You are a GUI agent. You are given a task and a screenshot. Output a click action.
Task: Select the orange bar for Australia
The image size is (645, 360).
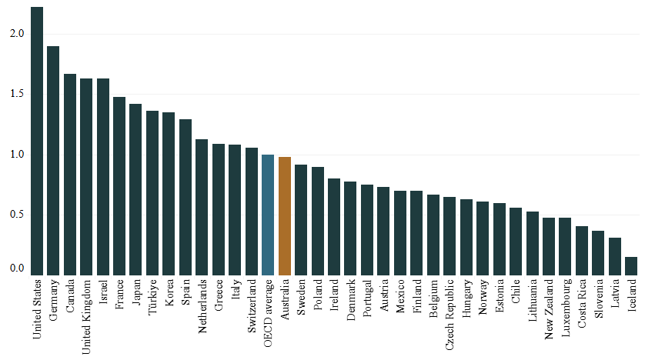point(285,215)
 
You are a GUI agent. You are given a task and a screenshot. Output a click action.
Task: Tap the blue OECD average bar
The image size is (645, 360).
point(268,214)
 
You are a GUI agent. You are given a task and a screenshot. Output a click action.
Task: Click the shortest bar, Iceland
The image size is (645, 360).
point(631,265)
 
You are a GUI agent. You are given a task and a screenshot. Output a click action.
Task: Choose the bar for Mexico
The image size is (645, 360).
point(400,232)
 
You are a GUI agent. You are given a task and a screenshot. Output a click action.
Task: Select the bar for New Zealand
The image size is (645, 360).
point(549,245)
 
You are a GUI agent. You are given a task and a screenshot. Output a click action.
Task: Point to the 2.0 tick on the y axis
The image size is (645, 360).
point(17,34)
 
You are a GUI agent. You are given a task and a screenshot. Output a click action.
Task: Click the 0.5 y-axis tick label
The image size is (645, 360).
point(17,214)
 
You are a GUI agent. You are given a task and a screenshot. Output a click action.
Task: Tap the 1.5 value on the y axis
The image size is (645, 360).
point(17,94)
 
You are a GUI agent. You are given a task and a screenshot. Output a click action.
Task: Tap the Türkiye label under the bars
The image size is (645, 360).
point(152,298)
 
